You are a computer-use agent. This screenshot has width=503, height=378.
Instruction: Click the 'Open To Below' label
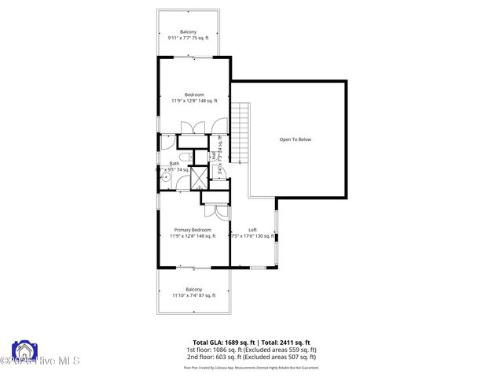(x=296, y=139)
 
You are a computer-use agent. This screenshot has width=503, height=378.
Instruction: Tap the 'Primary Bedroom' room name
(x=193, y=229)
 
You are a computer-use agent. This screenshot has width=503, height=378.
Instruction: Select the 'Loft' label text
(x=252, y=229)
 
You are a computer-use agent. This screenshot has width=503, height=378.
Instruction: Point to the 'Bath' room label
(x=174, y=163)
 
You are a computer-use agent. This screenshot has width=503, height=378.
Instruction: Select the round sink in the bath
(x=167, y=178)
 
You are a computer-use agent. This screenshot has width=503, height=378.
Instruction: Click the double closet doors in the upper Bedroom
(x=193, y=128)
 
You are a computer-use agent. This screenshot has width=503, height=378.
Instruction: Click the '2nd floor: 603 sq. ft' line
(x=251, y=357)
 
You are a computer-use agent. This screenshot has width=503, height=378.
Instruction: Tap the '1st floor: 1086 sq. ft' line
(x=251, y=350)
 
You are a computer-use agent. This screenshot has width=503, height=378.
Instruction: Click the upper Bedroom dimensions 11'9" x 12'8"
(x=193, y=101)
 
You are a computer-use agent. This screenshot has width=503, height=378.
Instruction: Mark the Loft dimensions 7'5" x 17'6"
(x=252, y=235)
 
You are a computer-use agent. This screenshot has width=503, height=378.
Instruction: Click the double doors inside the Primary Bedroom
(x=211, y=210)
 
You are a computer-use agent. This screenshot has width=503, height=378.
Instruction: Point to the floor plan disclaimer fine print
(x=251, y=367)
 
